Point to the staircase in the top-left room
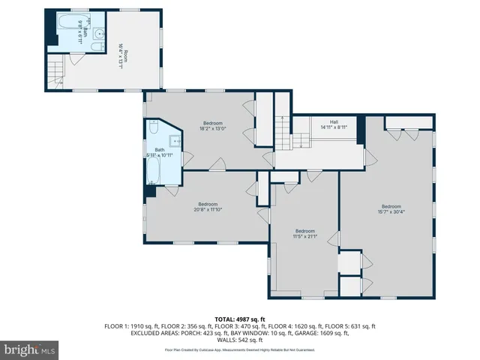[55, 73]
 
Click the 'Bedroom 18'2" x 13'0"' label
[213, 125]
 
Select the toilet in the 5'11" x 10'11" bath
[152, 126]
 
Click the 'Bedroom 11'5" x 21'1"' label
[304, 234]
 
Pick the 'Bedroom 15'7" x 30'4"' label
[391, 210]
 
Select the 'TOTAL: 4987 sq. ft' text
[240, 319]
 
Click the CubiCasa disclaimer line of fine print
[240, 349]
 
